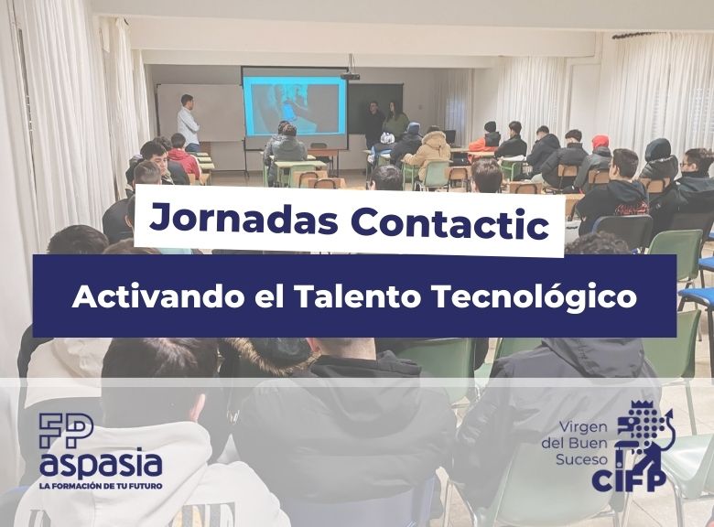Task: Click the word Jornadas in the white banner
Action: [243, 219]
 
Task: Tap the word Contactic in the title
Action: [449, 222]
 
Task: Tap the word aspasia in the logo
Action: [101, 463]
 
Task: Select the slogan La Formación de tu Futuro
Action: [101, 486]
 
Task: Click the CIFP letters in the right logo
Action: [628, 479]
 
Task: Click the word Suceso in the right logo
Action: [581, 458]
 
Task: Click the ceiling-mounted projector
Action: [350, 76]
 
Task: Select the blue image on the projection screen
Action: [294, 106]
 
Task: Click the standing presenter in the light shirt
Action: [188, 123]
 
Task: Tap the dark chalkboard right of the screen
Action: [374, 108]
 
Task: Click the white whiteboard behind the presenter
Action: [200, 113]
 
